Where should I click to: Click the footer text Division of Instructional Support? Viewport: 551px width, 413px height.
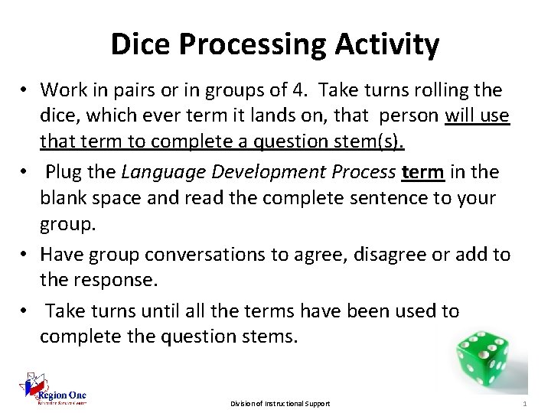point(280,403)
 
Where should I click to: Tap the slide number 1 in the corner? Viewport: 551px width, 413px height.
point(524,403)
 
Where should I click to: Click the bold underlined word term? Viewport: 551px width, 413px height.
point(422,171)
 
